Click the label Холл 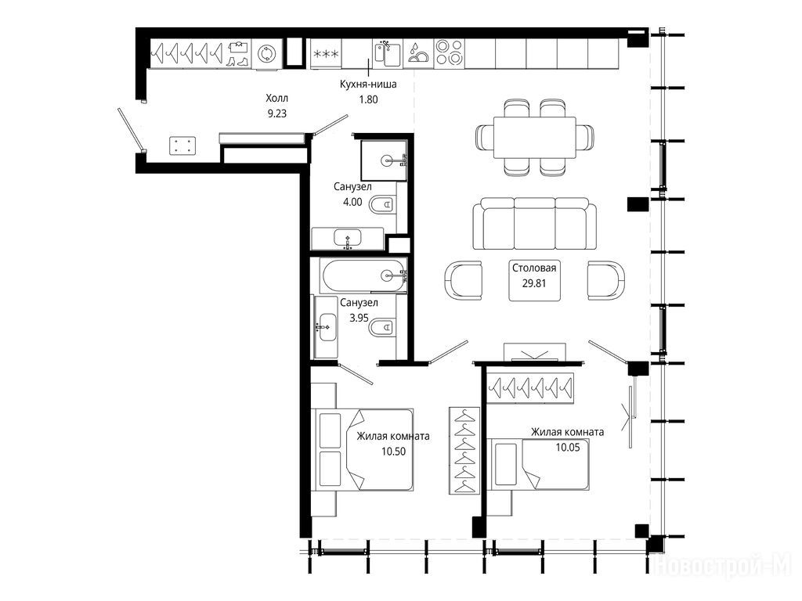pos(276,98)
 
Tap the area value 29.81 pos(534,283)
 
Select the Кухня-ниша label pos(368,84)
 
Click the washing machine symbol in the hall pos(267,54)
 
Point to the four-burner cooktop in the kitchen pos(450,53)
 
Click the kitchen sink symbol pos(388,54)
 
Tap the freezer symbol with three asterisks pos(326,54)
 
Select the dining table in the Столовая pos(534,138)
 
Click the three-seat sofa pos(534,224)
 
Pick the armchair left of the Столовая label pos(464,280)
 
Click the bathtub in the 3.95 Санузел pos(363,276)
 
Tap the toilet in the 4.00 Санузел pos(382,205)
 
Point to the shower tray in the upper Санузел pos(384,160)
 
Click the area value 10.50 pos(393,452)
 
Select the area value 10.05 pos(568,448)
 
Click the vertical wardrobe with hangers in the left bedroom pos(464,450)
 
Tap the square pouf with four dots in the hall pos(182,145)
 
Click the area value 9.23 pos(277,113)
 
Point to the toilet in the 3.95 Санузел pos(382,327)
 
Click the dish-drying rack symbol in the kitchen pos(419,54)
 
